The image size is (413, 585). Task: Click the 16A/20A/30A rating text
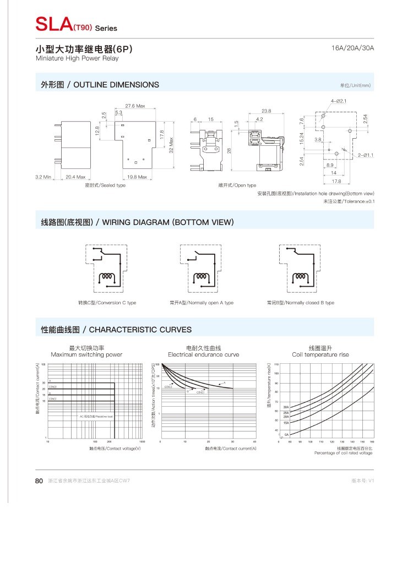pos(353,48)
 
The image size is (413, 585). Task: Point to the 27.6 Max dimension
pos(135,106)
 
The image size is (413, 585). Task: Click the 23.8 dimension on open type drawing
pos(266,111)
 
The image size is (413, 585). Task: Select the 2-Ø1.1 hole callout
pos(365,155)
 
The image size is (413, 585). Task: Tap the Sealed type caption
pos(105,185)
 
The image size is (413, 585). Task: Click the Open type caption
pos(237,185)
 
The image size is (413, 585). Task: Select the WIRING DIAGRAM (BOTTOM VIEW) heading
pos(138,222)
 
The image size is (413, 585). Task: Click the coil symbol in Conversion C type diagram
pos(106,277)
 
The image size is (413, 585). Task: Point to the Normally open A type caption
pos(202,303)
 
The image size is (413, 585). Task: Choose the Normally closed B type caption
pos(300,303)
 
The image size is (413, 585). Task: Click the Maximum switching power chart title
pos(86,354)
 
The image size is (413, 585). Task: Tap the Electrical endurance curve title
pos(204,354)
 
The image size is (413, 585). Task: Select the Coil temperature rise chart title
pos(320,354)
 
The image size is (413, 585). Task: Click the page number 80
pos(39,480)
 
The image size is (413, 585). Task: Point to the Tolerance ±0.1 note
pos(349,201)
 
